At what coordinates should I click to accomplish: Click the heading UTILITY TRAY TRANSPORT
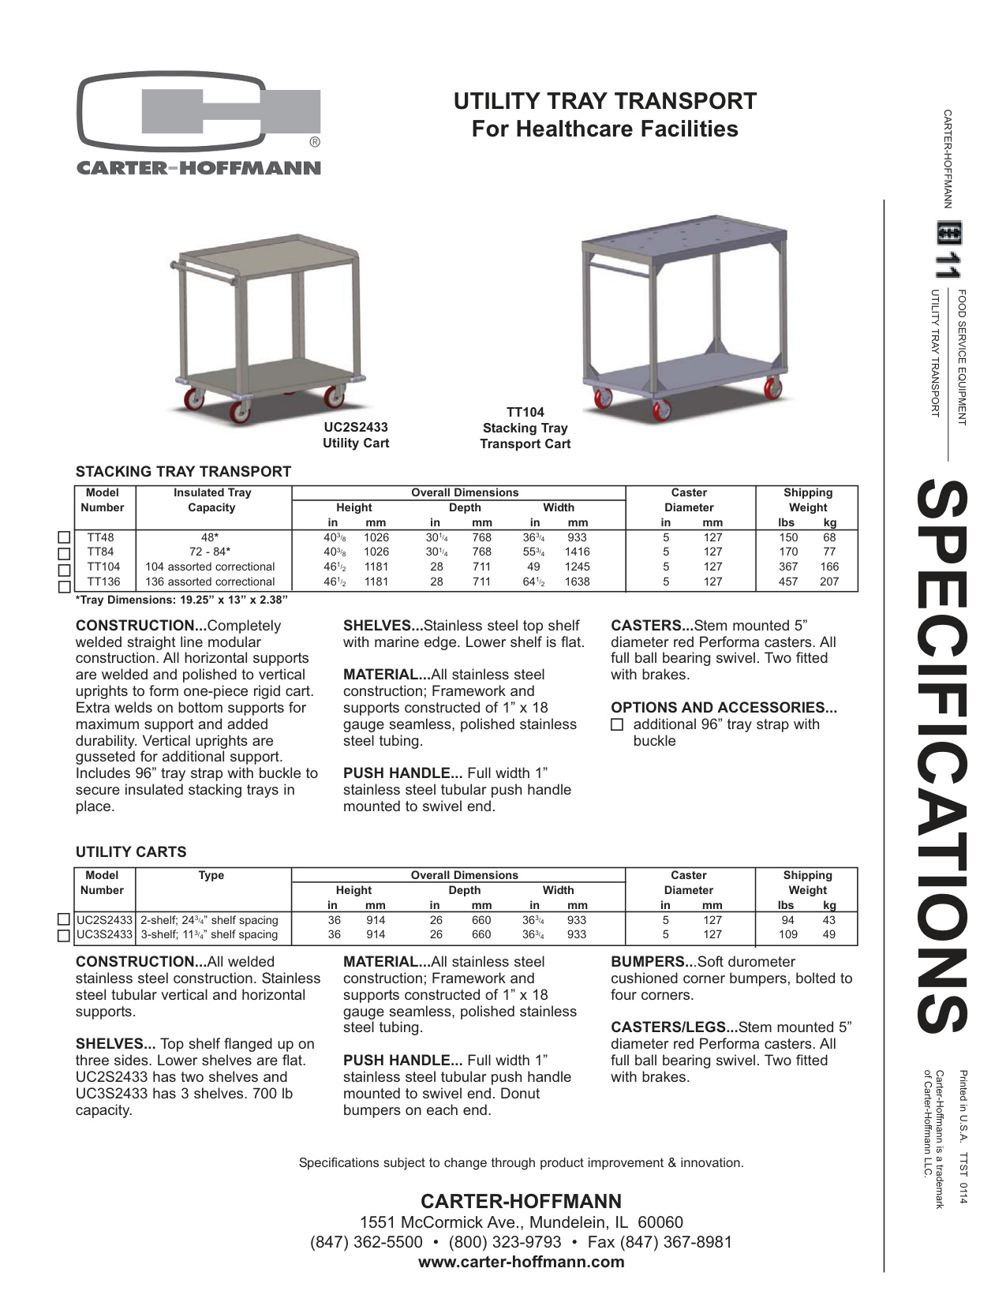[604, 101]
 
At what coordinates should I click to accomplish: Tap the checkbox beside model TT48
[65, 537]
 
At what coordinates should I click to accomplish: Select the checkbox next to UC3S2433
[65, 935]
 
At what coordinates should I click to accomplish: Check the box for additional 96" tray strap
[618, 724]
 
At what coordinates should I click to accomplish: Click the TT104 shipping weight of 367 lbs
[787, 567]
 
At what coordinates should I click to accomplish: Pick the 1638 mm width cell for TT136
[578, 582]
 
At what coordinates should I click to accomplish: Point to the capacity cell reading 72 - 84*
[210, 552]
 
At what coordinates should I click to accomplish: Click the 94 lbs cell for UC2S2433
[787, 920]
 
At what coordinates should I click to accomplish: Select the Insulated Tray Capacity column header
[211, 500]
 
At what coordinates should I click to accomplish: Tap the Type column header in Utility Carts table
[211, 875]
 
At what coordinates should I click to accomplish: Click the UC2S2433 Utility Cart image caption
[356, 435]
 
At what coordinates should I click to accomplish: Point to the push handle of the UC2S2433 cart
[207, 275]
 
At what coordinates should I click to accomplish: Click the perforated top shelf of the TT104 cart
[685, 234]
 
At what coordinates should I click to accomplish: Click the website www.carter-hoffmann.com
[521, 1261]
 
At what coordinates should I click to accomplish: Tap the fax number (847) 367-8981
[677, 1242]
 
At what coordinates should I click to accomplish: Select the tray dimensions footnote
[181, 600]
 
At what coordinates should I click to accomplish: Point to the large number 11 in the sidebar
[946, 266]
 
